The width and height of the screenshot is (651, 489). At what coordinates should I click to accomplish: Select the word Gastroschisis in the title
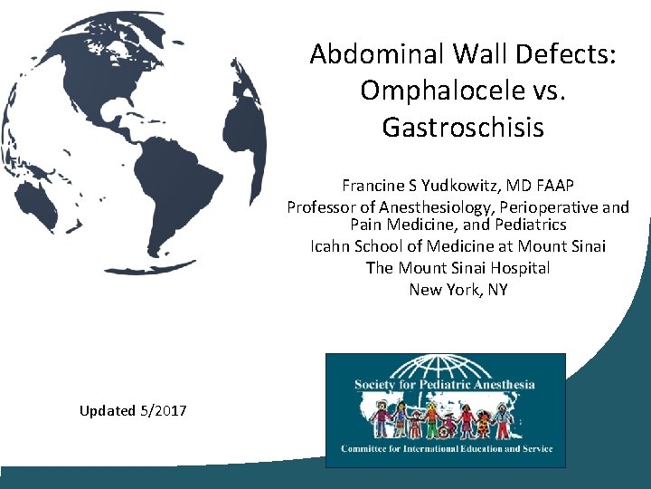click(x=463, y=128)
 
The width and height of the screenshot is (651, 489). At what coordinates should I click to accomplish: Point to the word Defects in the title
click(x=566, y=55)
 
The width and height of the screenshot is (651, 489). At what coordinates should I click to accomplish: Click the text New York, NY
click(x=458, y=290)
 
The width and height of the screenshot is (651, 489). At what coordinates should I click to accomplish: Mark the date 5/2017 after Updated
click(x=164, y=411)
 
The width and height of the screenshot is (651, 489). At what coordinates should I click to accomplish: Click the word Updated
click(x=106, y=411)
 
